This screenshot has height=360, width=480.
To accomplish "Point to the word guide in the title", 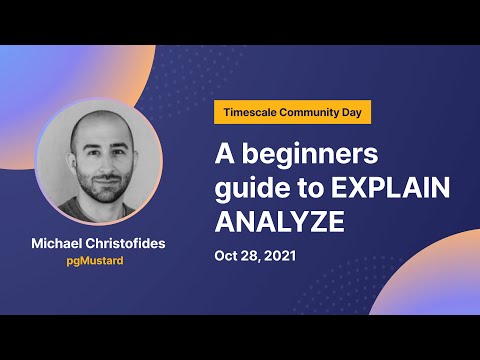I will click(x=249, y=188).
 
